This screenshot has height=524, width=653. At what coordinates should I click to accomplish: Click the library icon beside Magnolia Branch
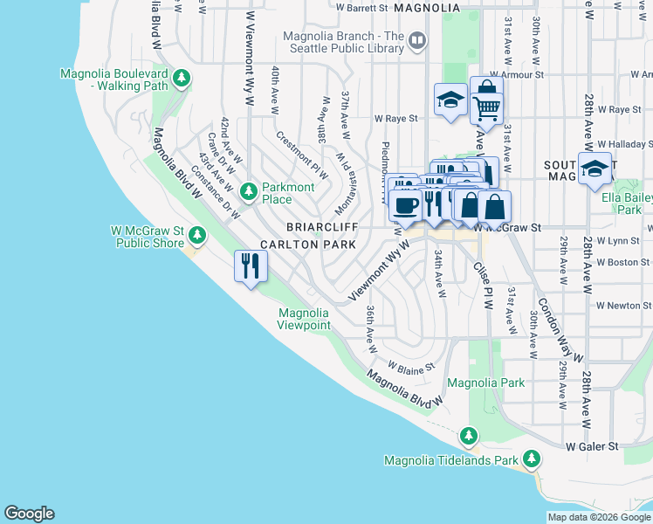[417, 40]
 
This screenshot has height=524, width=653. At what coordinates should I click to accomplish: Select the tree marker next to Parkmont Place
[249, 190]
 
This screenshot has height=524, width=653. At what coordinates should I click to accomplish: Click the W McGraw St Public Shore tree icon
[197, 234]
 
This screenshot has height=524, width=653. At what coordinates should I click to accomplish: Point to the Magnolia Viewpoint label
[304, 319]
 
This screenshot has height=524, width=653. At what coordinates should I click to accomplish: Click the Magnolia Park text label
[485, 383]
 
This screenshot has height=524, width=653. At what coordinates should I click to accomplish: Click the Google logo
[29, 514]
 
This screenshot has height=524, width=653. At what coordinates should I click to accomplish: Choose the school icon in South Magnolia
[595, 168]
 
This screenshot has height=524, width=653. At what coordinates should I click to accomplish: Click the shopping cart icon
[487, 108]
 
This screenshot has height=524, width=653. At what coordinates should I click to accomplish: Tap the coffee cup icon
[404, 205]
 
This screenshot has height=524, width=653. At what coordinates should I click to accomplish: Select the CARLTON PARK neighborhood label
[306, 245]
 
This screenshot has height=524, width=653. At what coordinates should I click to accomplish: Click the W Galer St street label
[591, 446]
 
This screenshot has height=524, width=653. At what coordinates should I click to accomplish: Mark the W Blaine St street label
[410, 367]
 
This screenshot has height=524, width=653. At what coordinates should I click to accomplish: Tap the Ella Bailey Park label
[633, 203]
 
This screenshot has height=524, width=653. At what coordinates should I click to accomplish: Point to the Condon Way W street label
[559, 330]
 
